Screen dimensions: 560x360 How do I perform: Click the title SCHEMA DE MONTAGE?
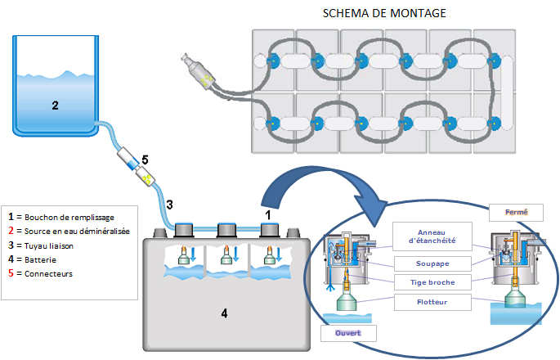pyautogui.click(x=384, y=13)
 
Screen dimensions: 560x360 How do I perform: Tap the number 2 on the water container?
pyautogui.click(x=55, y=106)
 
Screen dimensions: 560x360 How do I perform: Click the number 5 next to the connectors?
pyautogui.click(x=145, y=160)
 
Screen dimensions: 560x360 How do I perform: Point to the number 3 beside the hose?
pyautogui.click(x=170, y=205)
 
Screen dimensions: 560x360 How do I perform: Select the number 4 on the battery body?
pyautogui.click(x=224, y=313)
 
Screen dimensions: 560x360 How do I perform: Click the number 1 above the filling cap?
pyautogui.click(x=268, y=215)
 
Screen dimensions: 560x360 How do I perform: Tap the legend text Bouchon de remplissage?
pyautogui.click(x=69, y=218)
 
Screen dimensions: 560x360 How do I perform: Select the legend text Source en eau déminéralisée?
pyautogui.click(x=77, y=232)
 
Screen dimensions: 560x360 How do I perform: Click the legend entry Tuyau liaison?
pyautogui.click(x=49, y=246)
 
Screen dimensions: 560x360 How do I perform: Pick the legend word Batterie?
pyautogui.click(x=40, y=260)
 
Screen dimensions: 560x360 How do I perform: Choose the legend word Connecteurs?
pyautogui.click(x=48, y=274)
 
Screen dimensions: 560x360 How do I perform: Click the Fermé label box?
pyautogui.click(x=516, y=213)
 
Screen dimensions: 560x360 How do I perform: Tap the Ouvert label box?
pyautogui.click(x=348, y=333)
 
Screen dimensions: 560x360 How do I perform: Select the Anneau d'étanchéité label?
pyautogui.click(x=432, y=236)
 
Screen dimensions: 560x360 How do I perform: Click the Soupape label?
pyautogui.click(x=432, y=263)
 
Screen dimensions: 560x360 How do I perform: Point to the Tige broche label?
pyautogui.click(x=432, y=282)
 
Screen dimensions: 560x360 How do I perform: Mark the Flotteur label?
pyautogui.click(x=432, y=302)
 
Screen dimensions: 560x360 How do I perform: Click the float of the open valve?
pyautogui.click(x=347, y=300)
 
